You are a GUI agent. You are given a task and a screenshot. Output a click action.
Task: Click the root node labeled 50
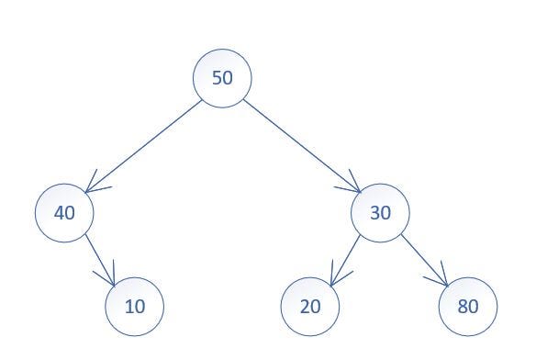click(x=222, y=78)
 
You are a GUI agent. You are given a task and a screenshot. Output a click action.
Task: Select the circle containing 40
click(x=64, y=213)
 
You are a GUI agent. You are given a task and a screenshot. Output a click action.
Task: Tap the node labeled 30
click(x=380, y=213)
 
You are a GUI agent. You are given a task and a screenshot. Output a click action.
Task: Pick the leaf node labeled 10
click(x=134, y=306)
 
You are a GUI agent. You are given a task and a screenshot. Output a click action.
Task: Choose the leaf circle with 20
click(x=310, y=306)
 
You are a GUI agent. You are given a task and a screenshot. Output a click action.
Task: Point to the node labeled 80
click(x=468, y=306)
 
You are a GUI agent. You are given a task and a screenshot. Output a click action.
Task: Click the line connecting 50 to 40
click(x=142, y=146)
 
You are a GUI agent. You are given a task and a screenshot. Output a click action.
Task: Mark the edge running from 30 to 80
click(x=423, y=259)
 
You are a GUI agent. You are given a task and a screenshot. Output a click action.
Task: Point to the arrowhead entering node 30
click(x=353, y=188)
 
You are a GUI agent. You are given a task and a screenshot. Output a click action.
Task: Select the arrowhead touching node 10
click(x=112, y=278)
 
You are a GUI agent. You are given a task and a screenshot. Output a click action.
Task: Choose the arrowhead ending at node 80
click(x=442, y=279)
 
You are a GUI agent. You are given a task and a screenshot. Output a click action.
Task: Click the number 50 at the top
click(x=222, y=78)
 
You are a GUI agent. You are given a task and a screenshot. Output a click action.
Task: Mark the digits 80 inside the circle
click(x=468, y=306)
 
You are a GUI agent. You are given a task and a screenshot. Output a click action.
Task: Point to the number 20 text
click(x=310, y=306)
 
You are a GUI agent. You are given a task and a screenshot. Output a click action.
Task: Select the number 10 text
click(x=134, y=306)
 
